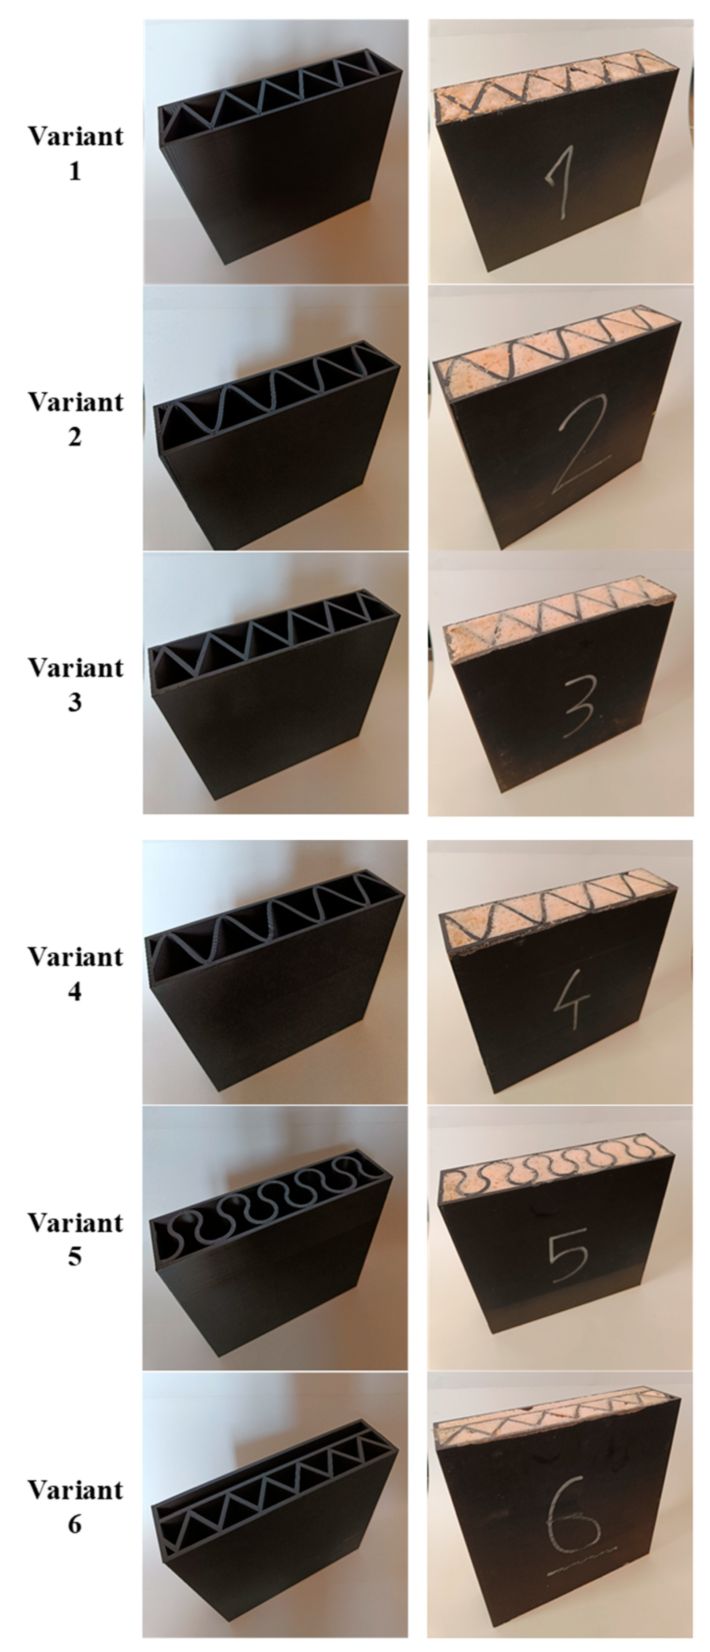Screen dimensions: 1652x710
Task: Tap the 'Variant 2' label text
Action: coord(75,419)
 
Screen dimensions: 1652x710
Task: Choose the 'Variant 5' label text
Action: coord(75,1238)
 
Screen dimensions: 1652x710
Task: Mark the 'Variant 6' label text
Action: coord(75,1505)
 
